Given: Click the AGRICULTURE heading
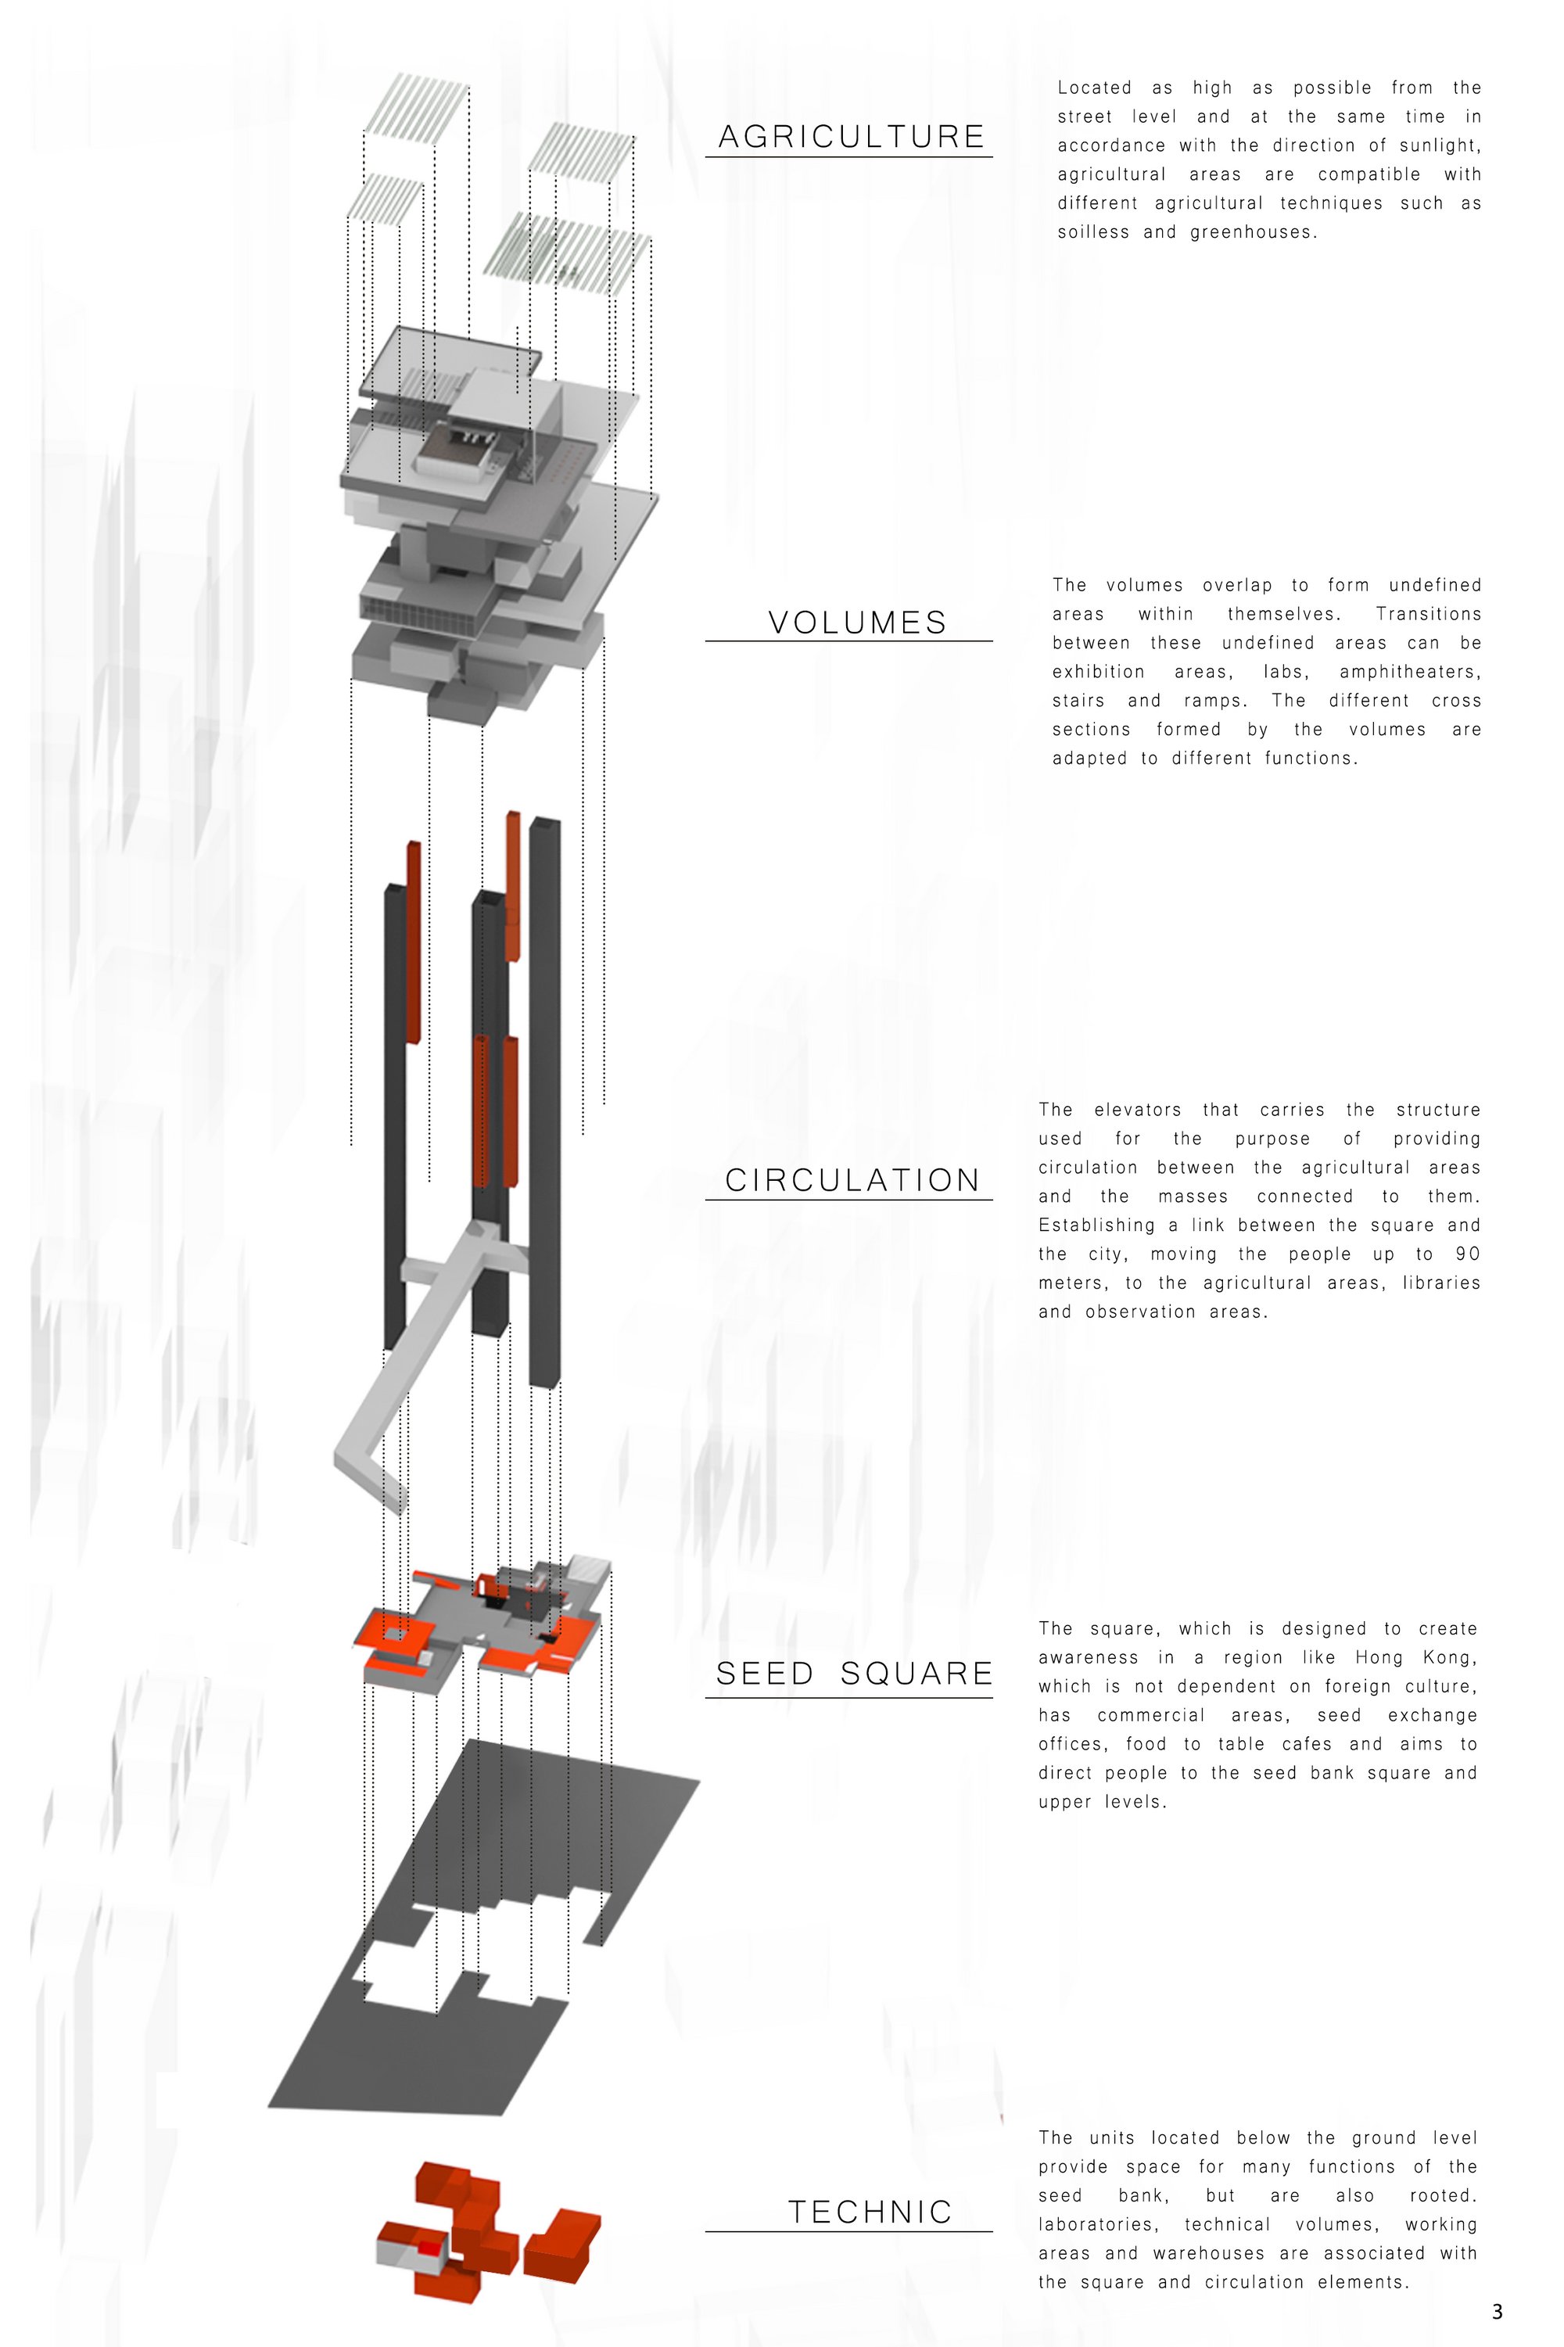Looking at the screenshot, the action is tap(851, 137).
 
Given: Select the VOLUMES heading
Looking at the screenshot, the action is tap(857, 623).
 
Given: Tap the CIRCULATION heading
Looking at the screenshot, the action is tap(853, 1180).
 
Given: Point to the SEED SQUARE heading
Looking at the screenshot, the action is tap(854, 1674).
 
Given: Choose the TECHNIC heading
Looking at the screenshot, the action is tap(870, 2212).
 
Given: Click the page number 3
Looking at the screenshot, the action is tap(1496, 2311).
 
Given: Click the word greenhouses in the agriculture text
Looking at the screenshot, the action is tap(1253, 232).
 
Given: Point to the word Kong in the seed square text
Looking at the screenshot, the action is tap(1452, 1658).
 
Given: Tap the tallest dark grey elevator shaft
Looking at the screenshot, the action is tap(544, 1102).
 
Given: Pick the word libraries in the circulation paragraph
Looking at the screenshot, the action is tap(1441, 1283).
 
